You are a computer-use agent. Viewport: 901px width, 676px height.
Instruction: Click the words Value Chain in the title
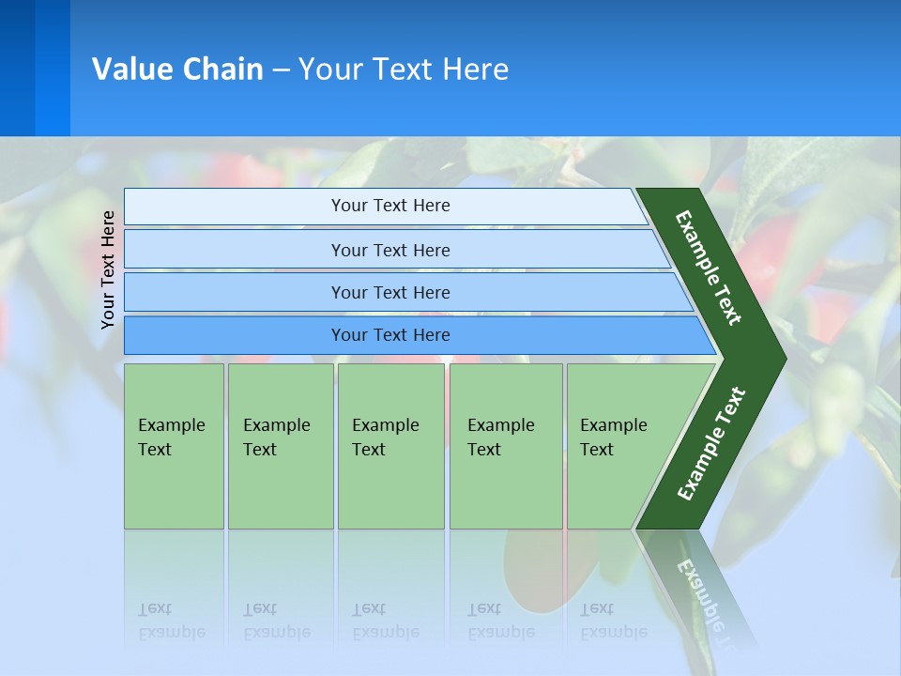click(x=177, y=69)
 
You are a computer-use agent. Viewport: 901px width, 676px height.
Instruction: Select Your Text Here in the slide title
click(x=404, y=69)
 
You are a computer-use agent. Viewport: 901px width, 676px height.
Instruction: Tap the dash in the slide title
click(x=281, y=70)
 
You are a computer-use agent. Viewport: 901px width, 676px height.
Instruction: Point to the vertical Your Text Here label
click(x=108, y=270)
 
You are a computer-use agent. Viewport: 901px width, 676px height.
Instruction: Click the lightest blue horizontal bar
click(x=390, y=206)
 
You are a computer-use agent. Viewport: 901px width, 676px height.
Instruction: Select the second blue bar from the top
click(x=390, y=250)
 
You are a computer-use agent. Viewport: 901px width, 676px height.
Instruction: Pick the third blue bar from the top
click(x=390, y=292)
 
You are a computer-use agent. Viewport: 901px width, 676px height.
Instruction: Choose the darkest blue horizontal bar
click(x=390, y=335)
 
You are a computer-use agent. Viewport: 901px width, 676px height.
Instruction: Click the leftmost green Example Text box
click(x=174, y=445)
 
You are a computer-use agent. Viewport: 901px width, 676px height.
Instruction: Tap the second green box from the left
click(x=280, y=445)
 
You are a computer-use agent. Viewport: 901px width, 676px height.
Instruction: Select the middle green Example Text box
click(x=390, y=445)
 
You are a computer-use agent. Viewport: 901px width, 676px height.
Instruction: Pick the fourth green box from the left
click(x=505, y=445)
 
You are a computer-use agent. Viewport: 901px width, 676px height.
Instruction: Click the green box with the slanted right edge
click(x=619, y=445)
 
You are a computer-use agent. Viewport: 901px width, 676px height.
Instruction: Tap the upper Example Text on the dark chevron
click(x=709, y=268)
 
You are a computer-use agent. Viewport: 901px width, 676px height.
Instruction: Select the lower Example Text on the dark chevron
click(x=710, y=444)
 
